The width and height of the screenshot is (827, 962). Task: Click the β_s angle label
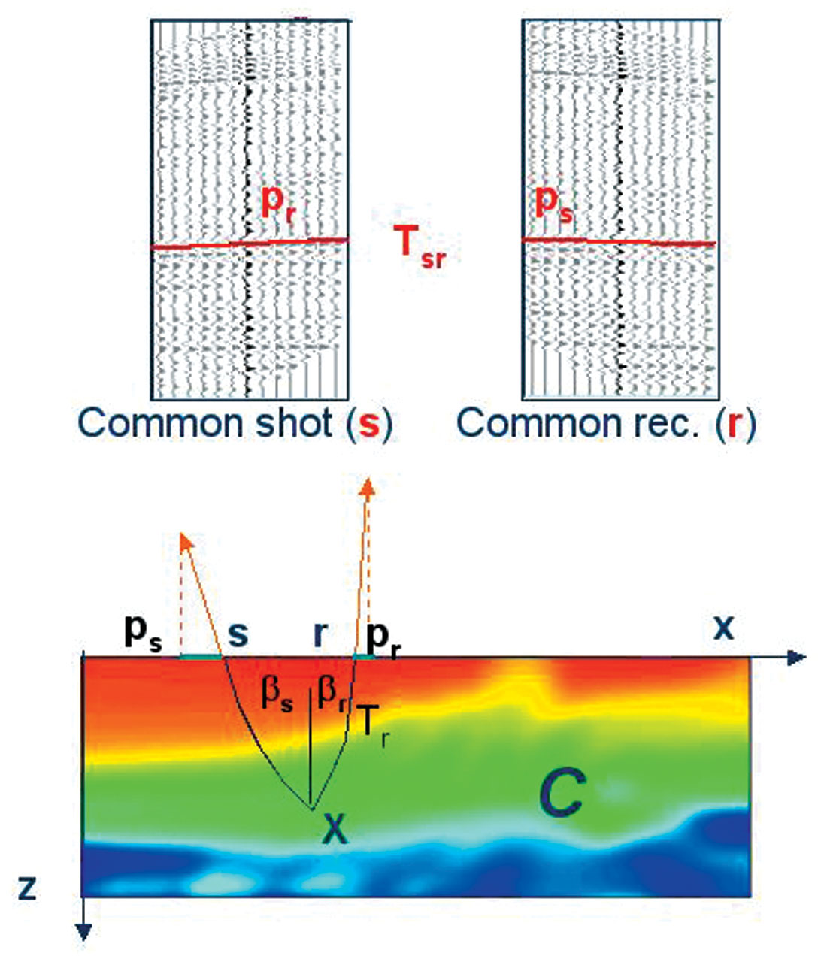[x=276, y=695]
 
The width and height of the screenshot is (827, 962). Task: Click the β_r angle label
[x=332, y=695]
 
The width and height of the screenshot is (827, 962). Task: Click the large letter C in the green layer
[x=561, y=798]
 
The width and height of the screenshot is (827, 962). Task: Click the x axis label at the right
[x=723, y=628]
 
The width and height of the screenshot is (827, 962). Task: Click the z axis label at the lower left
[x=27, y=888]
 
